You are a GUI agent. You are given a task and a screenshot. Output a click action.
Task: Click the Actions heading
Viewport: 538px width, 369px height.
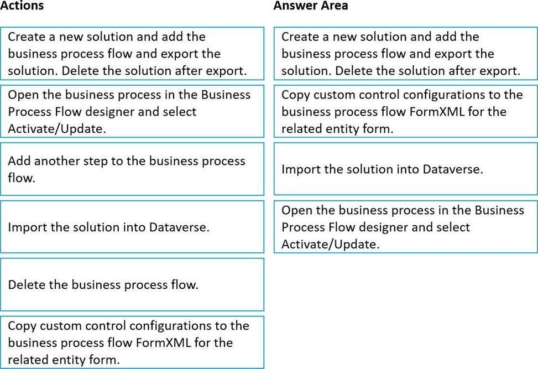click(x=22, y=5)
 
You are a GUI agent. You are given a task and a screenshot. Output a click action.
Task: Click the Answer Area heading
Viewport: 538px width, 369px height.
click(x=311, y=5)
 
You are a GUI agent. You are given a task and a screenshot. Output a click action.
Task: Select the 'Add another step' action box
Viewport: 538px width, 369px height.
click(x=132, y=169)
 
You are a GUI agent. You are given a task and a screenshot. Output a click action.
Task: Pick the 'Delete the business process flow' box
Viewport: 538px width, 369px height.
click(x=132, y=284)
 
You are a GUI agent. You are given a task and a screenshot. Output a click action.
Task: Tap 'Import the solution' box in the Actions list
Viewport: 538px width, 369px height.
click(x=132, y=227)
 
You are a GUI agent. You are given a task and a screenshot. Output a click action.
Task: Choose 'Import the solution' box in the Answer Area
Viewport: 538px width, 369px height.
click(x=405, y=169)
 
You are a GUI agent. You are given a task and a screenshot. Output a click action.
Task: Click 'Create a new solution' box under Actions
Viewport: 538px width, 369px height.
click(x=132, y=54)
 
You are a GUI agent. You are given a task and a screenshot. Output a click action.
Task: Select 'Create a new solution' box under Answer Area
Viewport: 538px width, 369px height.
click(x=405, y=54)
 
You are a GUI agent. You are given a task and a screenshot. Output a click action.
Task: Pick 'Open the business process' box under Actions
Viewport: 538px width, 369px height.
click(x=132, y=111)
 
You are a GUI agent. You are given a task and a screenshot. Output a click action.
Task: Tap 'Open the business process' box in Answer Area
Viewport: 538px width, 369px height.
click(x=405, y=227)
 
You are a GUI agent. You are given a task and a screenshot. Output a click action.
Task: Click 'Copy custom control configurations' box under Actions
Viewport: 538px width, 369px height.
click(x=132, y=342)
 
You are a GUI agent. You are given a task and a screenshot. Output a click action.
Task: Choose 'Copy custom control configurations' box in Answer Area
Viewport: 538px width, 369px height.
click(x=405, y=111)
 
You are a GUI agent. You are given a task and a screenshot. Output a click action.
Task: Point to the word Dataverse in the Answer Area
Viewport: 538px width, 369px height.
click(x=452, y=169)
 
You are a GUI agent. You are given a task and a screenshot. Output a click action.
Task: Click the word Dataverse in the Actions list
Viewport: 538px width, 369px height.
click(x=179, y=227)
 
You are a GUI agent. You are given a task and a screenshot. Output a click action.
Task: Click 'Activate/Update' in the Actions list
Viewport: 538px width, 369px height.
click(x=57, y=129)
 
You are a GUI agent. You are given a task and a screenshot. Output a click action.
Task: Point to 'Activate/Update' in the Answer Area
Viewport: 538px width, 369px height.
click(x=331, y=245)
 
